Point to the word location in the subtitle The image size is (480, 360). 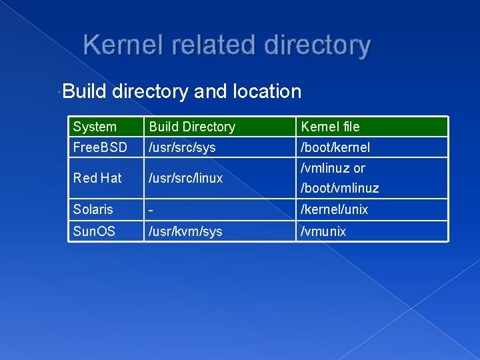(x=266, y=91)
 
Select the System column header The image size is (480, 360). (x=95, y=127)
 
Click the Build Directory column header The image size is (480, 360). (x=192, y=127)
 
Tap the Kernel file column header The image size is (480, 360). (x=330, y=127)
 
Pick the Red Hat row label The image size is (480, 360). (x=97, y=178)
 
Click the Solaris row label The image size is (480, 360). (x=93, y=209)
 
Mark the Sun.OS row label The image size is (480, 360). (x=94, y=231)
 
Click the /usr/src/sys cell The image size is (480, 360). (x=182, y=147)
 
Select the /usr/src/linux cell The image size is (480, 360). (x=185, y=178)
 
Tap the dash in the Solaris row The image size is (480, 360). (x=152, y=209)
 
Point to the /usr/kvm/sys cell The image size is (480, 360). (x=185, y=231)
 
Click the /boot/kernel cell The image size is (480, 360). (x=335, y=147)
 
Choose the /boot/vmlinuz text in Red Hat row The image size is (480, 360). (x=339, y=188)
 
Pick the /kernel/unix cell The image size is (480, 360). (x=335, y=209)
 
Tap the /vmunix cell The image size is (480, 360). (x=323, y=231)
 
